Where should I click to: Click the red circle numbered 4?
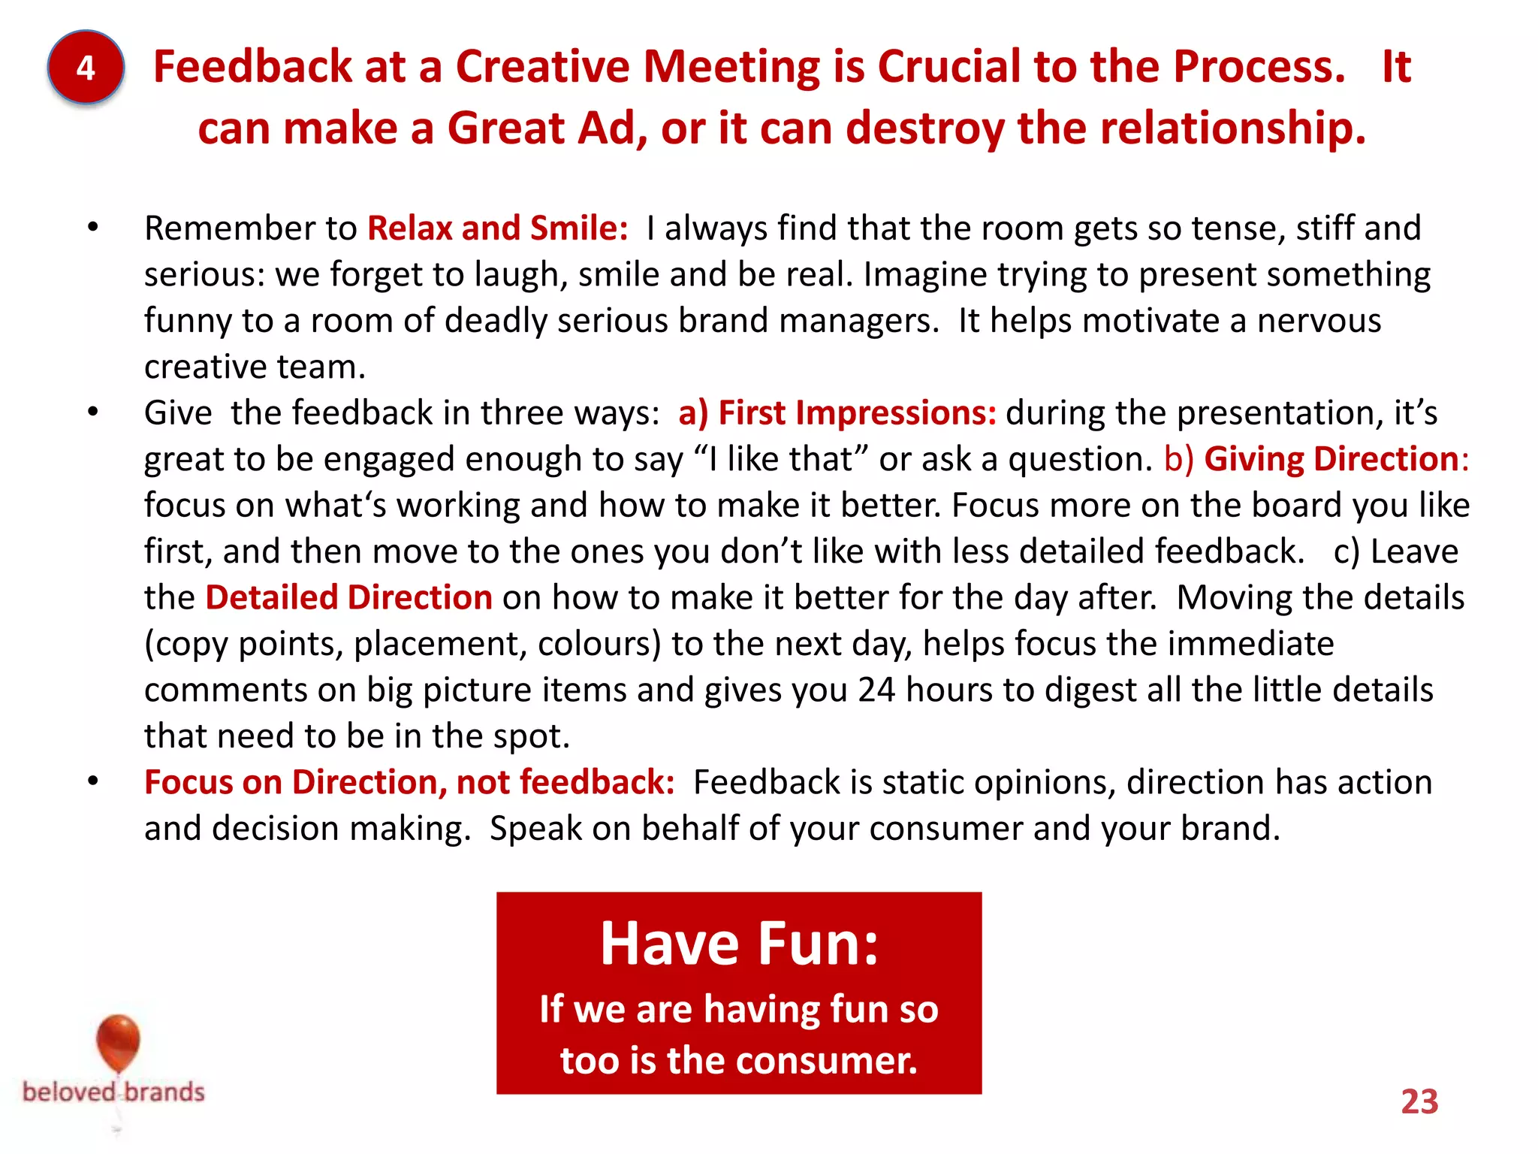click(x=86, y=68)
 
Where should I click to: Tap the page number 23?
click(x=1419, y=1101)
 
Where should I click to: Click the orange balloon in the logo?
click(x=118, y=1041)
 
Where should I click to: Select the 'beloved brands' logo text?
click(x=113, y=1092)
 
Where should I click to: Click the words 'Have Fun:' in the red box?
click(x=739, y=944)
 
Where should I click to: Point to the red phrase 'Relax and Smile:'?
click(x=497, y=228)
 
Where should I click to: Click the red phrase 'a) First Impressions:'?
click(x=837, y=413)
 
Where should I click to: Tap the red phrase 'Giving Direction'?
click(x=1331, y=459)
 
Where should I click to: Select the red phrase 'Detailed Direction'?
click(x=348, y=598)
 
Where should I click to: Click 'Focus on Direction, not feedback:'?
click(x=409, y=782)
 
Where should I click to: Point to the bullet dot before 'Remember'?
click(x=92, y=228)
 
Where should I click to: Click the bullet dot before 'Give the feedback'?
click(x=92, y=412)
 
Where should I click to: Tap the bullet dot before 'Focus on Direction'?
click(x=92, y=782)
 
